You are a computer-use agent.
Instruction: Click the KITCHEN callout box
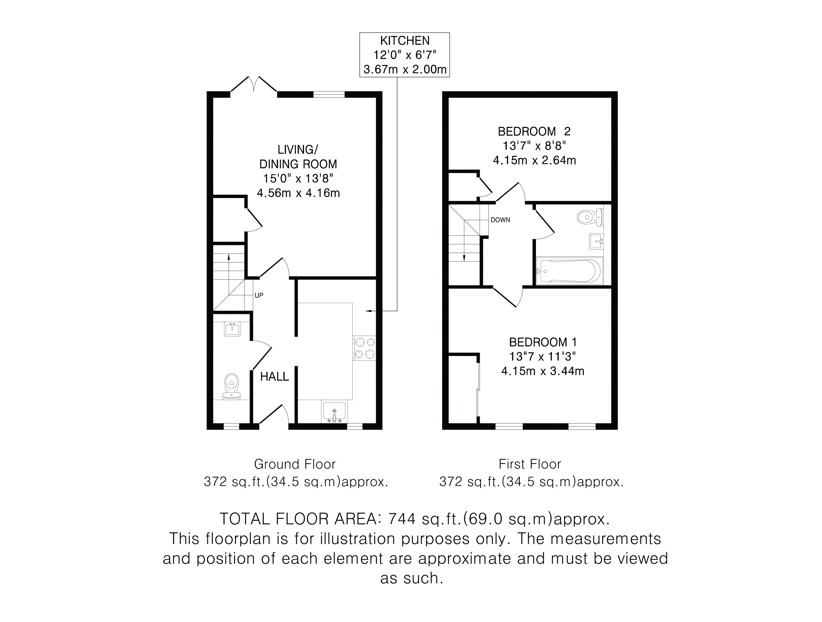[x=404, y=55]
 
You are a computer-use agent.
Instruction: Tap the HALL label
[x=274, y=377]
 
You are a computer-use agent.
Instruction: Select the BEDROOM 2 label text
[x=534, y=131]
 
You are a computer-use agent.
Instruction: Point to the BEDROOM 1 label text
[x=543, y=342]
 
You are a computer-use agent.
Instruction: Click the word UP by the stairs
[x=259, y=295]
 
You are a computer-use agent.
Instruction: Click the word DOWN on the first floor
[x=500, y=220]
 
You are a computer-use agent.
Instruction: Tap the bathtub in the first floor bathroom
[x=569, y=271]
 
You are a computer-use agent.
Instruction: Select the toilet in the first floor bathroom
[x=590, y=217]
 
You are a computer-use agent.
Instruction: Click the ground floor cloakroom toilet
[x=232, y=386]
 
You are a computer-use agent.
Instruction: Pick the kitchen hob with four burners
[x=364, y=348]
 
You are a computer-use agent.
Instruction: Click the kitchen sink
[x=334, y=412]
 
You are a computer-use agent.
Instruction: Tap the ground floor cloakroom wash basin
[x=232, y=329]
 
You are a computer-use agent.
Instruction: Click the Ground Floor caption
[x=295, y=464]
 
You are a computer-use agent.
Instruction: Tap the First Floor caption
[x=530, y=464]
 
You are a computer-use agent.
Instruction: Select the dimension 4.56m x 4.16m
[x=298, y=193]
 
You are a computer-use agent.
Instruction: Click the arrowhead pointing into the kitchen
[x=368, y=310]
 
